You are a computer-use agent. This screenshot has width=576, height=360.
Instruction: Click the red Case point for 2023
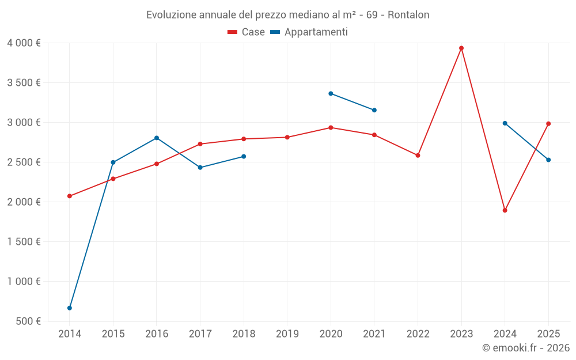point(461,48)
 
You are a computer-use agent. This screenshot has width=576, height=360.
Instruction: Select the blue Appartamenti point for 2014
point(70,308)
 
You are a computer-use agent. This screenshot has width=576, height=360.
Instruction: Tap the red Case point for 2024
point(505,210)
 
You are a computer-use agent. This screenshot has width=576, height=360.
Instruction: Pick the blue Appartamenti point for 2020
point(331,93)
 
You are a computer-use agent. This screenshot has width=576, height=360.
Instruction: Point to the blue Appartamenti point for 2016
point(157,138)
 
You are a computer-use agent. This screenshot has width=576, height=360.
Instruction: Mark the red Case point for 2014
point(70,196)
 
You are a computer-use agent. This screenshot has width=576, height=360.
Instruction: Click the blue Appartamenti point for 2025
point(548,160)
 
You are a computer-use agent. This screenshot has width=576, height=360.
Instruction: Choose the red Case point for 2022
point(418,156)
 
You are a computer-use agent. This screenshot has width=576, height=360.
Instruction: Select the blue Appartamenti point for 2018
point(244,157)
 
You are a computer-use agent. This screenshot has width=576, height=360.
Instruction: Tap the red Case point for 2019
point(287,137)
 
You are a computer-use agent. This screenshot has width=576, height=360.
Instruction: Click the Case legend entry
point(247,32)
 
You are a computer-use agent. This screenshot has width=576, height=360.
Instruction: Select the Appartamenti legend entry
point(309,32)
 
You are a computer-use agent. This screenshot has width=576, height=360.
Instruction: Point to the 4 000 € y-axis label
point(24,43)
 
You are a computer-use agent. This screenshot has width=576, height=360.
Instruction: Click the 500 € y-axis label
point(28,321)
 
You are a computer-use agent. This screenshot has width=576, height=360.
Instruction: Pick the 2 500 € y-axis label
point(24,162)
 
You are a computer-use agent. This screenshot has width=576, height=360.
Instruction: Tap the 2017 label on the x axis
point(200,334)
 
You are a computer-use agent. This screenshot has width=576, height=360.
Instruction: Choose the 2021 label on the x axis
point(374,334)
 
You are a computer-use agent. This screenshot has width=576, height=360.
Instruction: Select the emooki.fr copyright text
point(526,348)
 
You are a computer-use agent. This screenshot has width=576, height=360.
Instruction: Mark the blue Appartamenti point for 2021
point(374,110)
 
